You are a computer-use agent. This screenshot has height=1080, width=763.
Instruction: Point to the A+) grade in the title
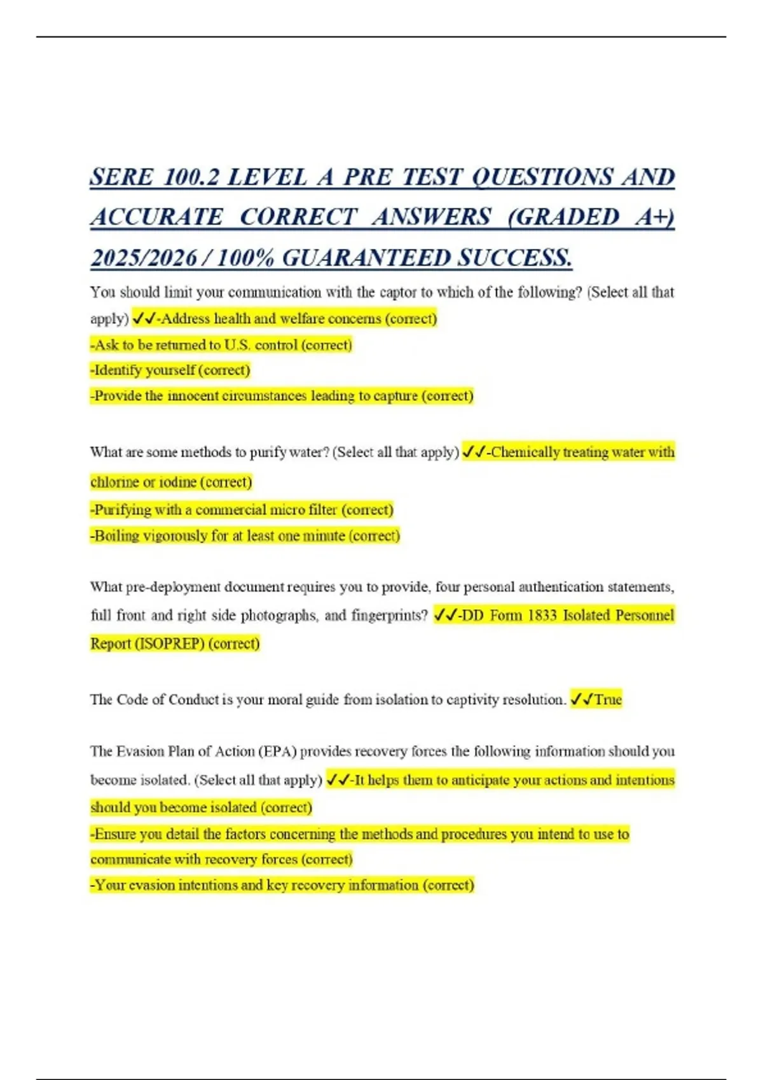655,217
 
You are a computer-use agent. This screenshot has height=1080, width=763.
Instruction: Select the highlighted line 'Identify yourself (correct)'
170,370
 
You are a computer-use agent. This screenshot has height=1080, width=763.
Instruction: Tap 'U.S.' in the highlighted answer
238,345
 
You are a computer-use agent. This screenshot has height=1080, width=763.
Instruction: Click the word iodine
177,482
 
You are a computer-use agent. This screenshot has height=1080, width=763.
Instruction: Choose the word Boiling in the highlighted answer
117,536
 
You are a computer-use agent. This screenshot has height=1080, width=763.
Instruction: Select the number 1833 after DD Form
542,616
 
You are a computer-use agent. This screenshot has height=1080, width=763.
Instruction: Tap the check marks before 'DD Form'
445,615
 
